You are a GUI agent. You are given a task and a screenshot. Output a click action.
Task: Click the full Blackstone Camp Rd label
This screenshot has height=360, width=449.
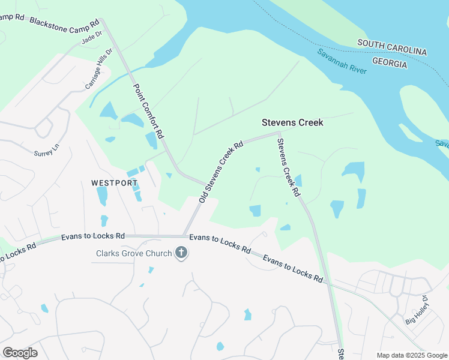tap(64, 22)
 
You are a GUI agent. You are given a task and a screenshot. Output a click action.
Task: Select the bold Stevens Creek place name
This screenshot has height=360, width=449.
tap(292, 122)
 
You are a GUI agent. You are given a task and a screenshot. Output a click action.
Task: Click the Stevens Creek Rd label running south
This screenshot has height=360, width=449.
tap(288, 167)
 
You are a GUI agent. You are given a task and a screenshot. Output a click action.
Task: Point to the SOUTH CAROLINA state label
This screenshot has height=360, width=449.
tap(392, 47)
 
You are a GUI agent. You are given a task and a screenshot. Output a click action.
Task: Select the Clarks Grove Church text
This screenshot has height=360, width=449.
tap(134, 253)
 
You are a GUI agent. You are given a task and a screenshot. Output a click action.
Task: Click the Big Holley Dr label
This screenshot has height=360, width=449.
tap(418, 309)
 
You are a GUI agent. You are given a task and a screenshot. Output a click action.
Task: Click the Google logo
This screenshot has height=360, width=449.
tap(20, 352)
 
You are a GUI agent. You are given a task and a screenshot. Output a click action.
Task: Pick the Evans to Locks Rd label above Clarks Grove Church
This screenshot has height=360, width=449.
tap(93, 237)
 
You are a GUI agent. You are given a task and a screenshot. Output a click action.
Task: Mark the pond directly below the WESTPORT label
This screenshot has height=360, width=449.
tap(102, 196)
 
